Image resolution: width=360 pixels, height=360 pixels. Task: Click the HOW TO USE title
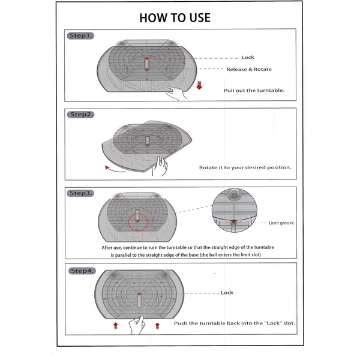click(x=175, y=17)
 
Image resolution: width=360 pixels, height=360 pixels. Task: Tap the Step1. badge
click(x=81, y=36)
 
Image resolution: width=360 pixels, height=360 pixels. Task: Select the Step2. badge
click(x=82, y=114)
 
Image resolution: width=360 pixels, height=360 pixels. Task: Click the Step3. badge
click(x=82, y=193)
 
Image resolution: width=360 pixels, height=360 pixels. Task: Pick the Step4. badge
click(x=82, y=271)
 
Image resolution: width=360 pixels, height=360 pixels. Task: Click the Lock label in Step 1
click(x=248, y=58)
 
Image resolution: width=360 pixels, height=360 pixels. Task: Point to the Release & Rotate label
click(x=248, y=70)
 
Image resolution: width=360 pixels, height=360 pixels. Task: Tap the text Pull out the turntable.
click(x=254, y=90)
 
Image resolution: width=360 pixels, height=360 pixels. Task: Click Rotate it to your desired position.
click(x=245, y=167)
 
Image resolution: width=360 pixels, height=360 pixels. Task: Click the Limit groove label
click(x=282, y=222)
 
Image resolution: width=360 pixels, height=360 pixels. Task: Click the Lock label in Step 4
click(x=227, y=293)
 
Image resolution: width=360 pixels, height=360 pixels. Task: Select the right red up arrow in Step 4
click(x=157, y=325)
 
